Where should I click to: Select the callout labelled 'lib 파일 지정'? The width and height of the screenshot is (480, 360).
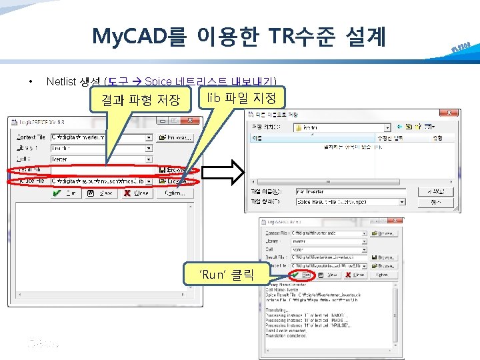[241, 98]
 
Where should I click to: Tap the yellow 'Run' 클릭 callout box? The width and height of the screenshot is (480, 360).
[227, 274]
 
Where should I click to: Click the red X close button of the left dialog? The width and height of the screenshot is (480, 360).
[135, 193]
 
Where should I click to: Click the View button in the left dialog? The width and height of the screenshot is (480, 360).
[100, 193]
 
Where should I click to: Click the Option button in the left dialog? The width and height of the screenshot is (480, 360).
[175, 193]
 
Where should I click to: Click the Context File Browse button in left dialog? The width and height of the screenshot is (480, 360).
[175, 137]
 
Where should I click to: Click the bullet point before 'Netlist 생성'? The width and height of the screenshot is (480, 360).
[30, 81]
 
